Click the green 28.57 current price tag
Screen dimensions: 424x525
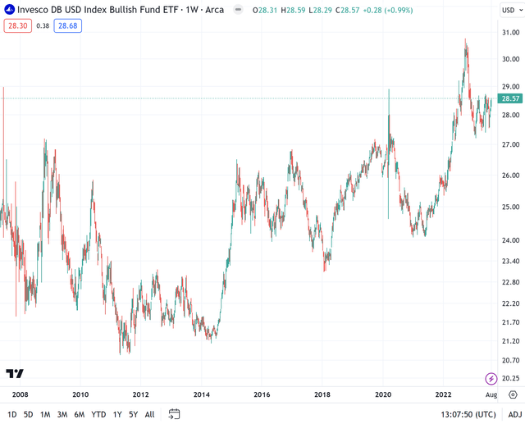click(511, 98)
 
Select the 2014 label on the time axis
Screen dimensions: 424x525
click(201, 394)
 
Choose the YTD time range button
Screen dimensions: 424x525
click(98, 414)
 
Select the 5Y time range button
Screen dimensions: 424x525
click(133, 414)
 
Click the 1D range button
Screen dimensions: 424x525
click(11, 414)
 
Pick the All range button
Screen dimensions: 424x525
click(149, 414)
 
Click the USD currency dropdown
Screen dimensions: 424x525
click(510, 11)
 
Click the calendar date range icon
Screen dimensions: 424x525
click(174, 414)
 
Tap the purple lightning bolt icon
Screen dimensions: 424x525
click(491, 378)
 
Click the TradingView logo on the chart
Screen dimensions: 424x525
click(15, 373)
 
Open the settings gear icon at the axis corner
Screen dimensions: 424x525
click(513, 394)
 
